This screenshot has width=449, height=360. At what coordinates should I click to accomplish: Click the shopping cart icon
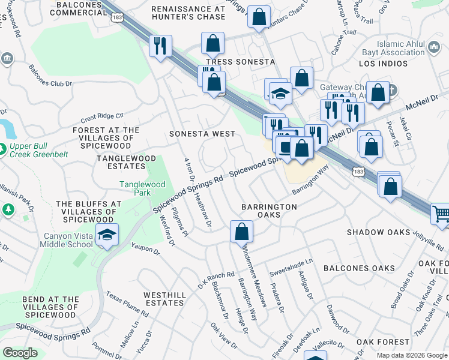coord(441,214)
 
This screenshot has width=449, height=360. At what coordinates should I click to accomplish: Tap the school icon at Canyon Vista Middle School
coord(106,236)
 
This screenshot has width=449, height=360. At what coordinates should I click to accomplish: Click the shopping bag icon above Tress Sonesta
coord(212,43)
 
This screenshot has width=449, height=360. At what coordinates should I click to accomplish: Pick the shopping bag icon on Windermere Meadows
coord(241,231)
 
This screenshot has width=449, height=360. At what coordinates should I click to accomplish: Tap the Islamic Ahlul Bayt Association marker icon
coord(435,46)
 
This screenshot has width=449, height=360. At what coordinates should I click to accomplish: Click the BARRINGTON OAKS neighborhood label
coord(269,211)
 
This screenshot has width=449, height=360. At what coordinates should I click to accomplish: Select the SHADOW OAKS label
coord(379,232)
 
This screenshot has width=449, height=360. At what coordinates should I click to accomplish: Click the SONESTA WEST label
coord(199,133)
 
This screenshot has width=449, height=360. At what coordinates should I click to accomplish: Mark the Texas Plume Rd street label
coord(127,304)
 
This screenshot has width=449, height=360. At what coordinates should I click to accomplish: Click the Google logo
coord(20,353)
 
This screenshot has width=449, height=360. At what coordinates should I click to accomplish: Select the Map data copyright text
coord(411,355)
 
